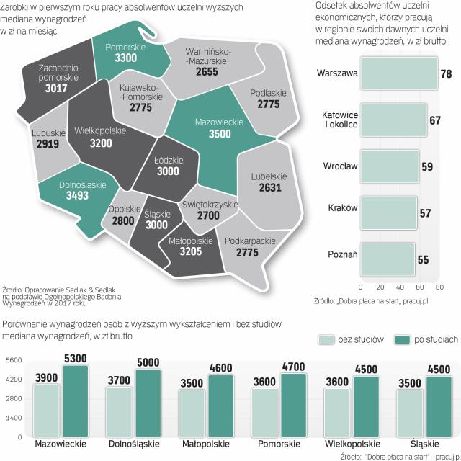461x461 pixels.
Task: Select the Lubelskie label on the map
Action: [269, 176]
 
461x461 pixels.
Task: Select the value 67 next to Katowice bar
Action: [434, 120]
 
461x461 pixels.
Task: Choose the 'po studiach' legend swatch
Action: [400, 339]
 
